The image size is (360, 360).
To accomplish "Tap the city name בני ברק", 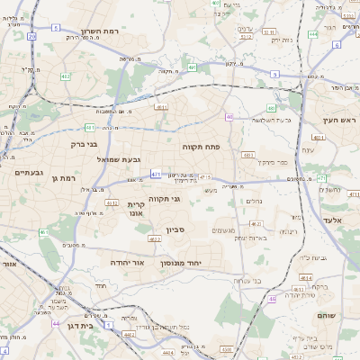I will (84, 143).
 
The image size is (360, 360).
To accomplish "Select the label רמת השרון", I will (101, 31).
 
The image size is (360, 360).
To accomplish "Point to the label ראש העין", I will (341, 120).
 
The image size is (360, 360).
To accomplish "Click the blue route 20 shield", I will (31, 36).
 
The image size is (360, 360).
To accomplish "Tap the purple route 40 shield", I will (229, 117).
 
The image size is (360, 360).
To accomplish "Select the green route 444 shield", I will (312, 34).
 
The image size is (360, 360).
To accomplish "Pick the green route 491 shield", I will (193, 67).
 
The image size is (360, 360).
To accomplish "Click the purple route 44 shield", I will (57, 324).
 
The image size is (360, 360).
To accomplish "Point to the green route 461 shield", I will (44, 233).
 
